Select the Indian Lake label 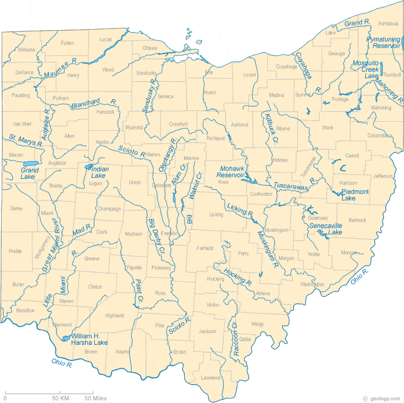click(x=99, y=172)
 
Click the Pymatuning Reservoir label click(x=383, y=43)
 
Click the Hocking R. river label click(x=238, y=276)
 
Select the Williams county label click(x=26, y=50)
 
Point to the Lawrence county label click(x=211, y=378)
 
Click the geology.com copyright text click(x=382, y=398)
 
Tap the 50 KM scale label click(x=60, y=398)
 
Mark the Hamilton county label click(x=25, y=310)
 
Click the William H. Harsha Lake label click(x=89, y=339)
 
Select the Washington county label click(x=312, y=284)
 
